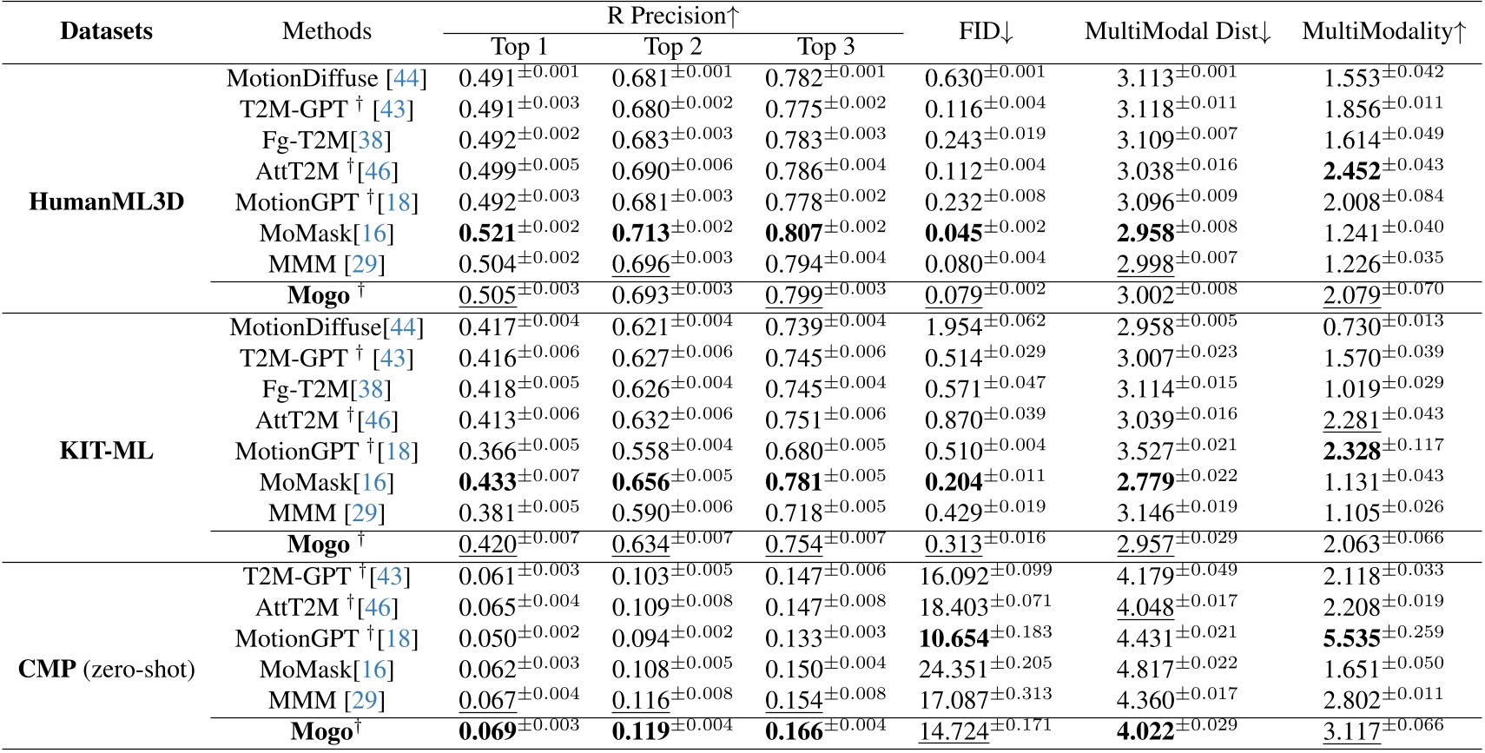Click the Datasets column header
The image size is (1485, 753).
(x=106, y=31)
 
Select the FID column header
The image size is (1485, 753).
(x=986, y=31)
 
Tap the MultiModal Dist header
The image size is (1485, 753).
(x=1178, y=31)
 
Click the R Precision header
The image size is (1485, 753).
(x=673, y=16)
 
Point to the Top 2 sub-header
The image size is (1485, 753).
(x=673, y=47)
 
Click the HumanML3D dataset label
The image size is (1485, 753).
(x=107, y=202)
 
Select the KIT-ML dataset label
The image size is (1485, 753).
(x=107, y=452)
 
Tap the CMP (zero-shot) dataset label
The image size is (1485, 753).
(x=107, y=670)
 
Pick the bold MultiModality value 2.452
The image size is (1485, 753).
(x=1352, y=172)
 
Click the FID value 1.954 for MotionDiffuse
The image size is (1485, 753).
(x=954, y=328)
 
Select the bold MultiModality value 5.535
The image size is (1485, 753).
(x=1352, y=639)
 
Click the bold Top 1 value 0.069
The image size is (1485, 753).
(x=488, y=732)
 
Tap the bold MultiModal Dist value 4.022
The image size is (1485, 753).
(x=1146, y=732)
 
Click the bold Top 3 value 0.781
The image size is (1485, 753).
(x=794, y=483)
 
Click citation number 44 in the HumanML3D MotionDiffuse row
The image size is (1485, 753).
(x=406, y=79)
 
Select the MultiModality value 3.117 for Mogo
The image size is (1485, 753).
(x=1352, y=732)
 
